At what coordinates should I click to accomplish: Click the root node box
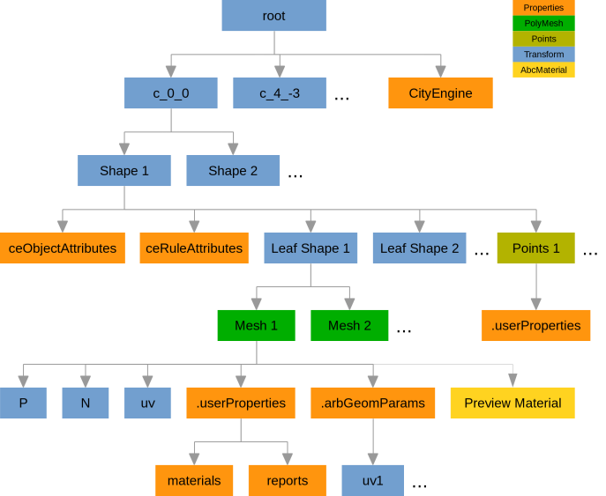273,16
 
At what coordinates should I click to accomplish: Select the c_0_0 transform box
170,93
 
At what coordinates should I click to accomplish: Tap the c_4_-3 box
280,93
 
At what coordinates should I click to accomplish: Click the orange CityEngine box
440,93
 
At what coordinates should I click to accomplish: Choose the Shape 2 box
233,170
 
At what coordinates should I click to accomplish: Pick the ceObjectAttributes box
62,248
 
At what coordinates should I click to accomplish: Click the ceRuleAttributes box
194,248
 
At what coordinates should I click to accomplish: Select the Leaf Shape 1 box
310,248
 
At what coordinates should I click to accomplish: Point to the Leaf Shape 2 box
419,248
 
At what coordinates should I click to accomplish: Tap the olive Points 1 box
535,248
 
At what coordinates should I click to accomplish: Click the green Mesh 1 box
256,325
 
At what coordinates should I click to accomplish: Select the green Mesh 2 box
349,325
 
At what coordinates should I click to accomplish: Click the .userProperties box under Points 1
535,325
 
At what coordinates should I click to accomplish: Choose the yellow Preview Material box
512,403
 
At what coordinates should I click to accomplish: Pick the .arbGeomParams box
373,403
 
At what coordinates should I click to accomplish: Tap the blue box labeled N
85,403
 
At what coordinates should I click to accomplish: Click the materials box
194,480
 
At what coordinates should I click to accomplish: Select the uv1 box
373,480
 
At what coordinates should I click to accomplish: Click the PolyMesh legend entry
543,24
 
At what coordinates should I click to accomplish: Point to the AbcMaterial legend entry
543,70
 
